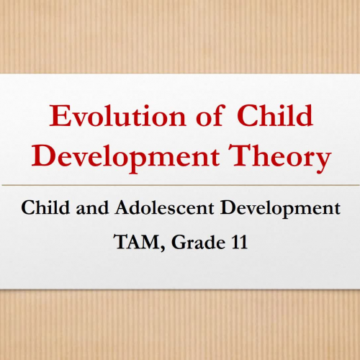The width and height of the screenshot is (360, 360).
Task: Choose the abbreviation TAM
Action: click(135, 243)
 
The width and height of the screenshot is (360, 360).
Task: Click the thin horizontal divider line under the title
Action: click(180, 185)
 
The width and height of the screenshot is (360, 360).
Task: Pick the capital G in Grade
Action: click(174, 243)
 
